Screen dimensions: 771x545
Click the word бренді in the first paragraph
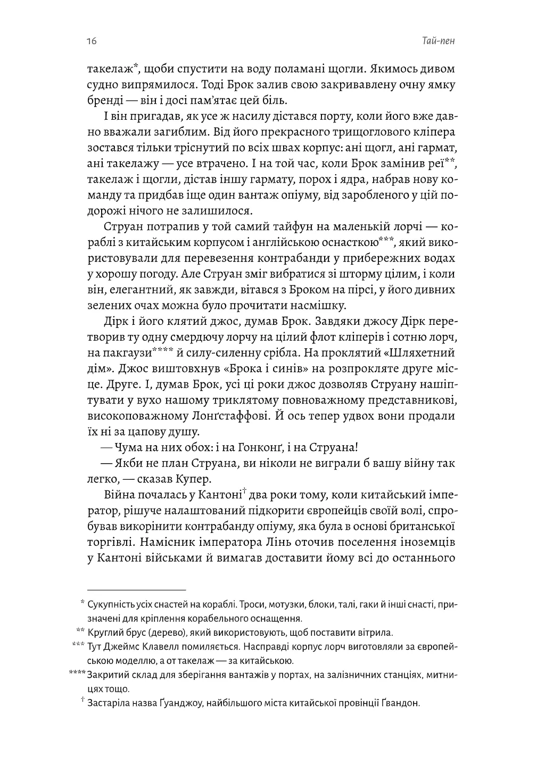pyautogui.click(x=104, y=100)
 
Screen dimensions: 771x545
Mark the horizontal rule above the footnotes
pyautogui.click(x=136, y=590)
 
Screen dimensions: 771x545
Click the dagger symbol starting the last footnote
pyautogui.click(x=83, y=702)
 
